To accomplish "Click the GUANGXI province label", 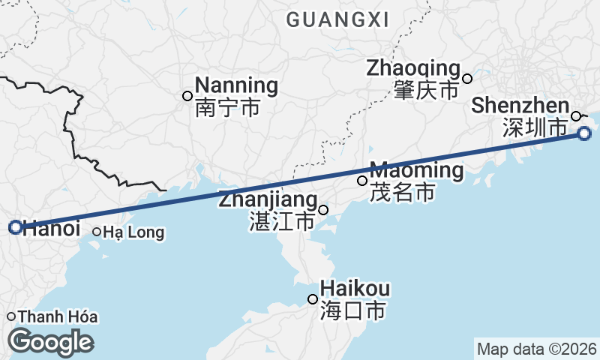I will click(x=338, y=20).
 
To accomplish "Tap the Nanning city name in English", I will click(x=236, y=85).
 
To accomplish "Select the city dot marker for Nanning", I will click(x=187, y=95).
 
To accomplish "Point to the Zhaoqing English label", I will click(x=412, y=68).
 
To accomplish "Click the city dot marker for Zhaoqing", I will click(x=467, y=79).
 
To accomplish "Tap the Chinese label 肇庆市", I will click(x=425, y=91).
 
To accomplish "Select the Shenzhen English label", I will click(x=520, y=106).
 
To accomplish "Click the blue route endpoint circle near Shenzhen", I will click(x=585, y=133).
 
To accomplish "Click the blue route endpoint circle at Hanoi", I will click(x=15, y=227).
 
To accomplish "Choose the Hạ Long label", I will click(x=133, y=232).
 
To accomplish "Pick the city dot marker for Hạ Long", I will click(x=97, y=232).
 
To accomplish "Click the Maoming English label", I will click(x=416, y=170).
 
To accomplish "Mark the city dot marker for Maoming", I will click(x=362, y=180).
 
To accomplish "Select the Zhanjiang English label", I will click(x=267, y=200).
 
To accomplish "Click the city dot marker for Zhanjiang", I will click(x=323, y=210).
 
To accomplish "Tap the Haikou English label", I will click(x=355, y=289).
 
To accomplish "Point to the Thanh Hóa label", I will click(x=58, y=316).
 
